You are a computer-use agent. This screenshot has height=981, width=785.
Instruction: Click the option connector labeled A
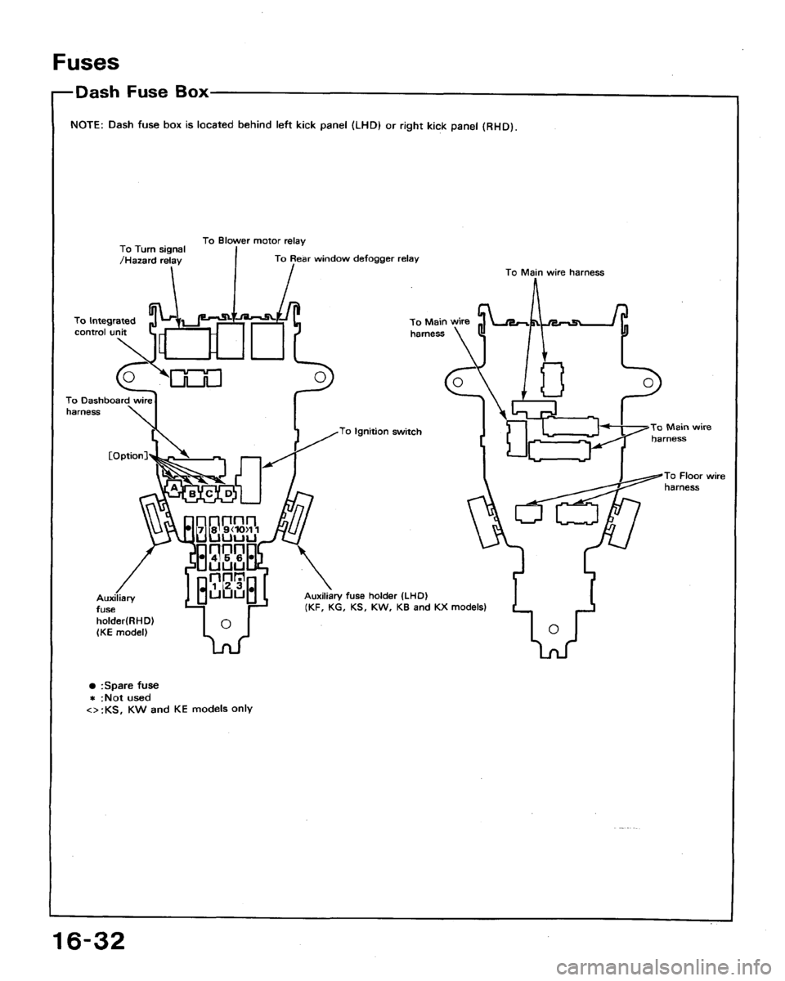174,489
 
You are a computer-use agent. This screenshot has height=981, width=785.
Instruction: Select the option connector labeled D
227,493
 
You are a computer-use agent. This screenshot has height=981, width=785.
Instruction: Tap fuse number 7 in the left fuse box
200,531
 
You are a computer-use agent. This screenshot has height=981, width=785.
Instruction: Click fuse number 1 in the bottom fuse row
213,585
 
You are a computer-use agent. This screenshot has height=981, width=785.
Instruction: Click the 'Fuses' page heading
86,62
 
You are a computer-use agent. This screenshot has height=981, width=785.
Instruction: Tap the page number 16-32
88,940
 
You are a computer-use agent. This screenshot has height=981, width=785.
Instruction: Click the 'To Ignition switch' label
381,432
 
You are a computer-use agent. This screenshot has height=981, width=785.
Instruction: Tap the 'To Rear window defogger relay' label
347,258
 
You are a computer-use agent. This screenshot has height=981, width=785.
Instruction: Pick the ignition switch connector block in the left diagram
250,480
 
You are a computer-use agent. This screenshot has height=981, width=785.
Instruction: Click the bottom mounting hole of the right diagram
553,629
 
